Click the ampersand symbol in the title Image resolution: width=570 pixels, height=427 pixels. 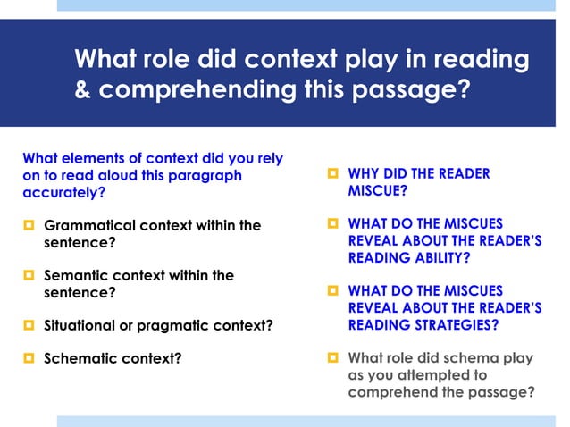click(x=83, y=91)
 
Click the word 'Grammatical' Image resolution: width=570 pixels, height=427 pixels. click(x=88, y=225)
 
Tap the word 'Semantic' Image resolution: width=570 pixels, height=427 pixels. click(x=77, y=275)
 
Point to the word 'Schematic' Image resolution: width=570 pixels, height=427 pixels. click(x=80, y=358)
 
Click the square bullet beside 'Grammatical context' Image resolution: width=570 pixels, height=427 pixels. click(x=28, y=225)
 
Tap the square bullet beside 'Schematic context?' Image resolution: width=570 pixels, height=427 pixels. click(x=28, y=358)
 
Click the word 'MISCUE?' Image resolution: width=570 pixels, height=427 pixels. click(x=377, y=191)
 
